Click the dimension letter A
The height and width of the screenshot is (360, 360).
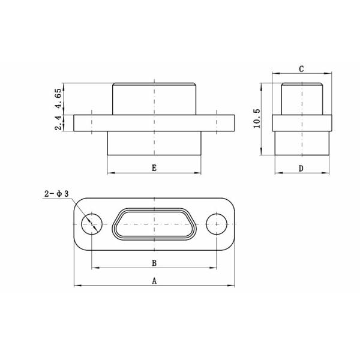click(154, 280)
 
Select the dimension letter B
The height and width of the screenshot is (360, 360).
click(154, 263)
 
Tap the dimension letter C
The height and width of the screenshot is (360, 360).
click(301, 69)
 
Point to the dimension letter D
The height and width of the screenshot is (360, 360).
click(301, 169)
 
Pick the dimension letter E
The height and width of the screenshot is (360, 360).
click(154, 169)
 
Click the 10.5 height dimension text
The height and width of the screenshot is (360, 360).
click(257, 118)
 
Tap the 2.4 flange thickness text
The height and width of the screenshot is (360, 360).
click(58, 123)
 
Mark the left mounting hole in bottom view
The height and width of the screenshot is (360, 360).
click(91, 224)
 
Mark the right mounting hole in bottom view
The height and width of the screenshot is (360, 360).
click(216, 224)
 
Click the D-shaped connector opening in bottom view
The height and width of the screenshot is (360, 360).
click(154, 224)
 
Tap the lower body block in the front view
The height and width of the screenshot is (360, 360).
click(154, 143)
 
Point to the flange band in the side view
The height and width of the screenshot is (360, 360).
click(301, 123)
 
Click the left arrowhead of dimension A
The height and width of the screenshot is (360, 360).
click(76, 286)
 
